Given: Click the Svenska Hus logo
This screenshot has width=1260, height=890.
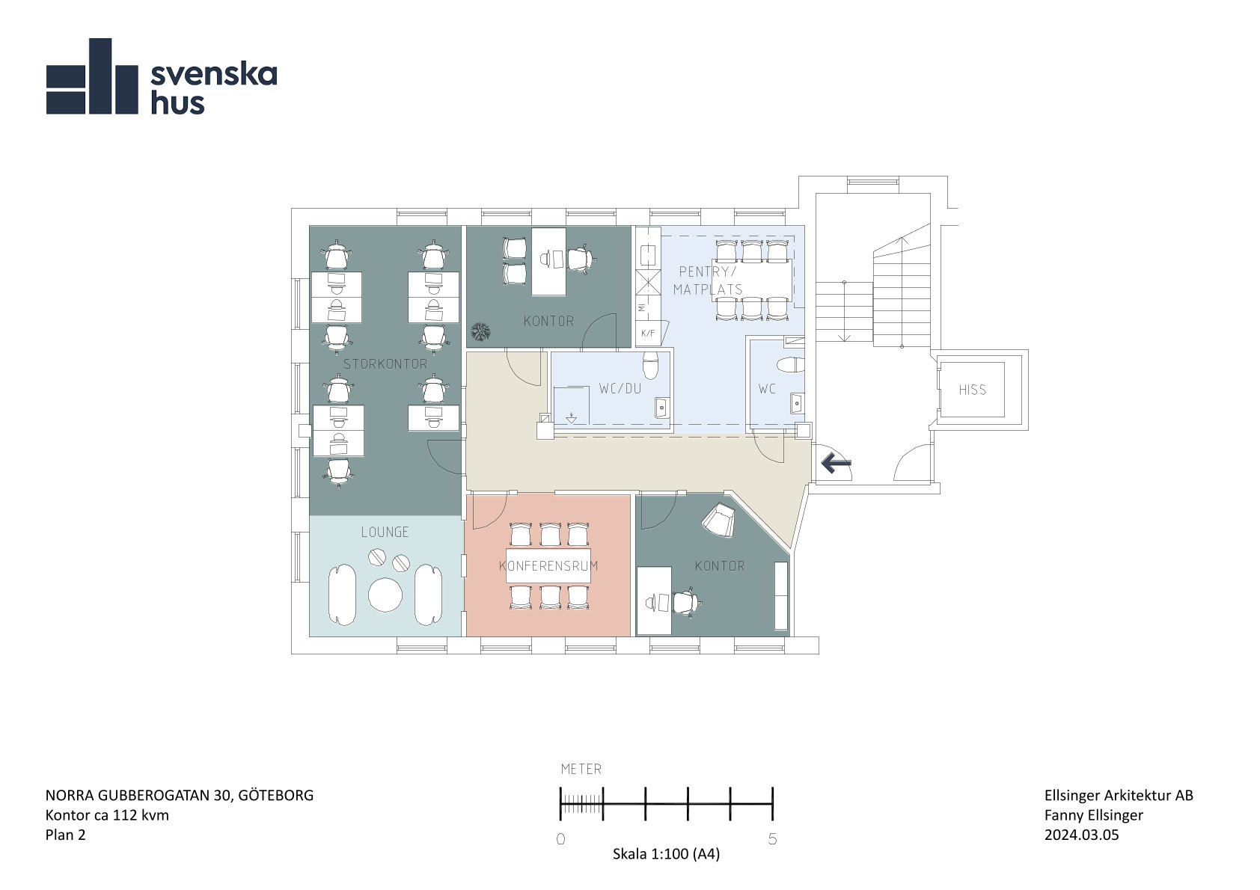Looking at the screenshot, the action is point(162,76).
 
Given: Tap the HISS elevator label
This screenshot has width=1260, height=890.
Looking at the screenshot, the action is point(972,390).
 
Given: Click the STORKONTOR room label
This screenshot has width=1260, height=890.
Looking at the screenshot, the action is point(385,363).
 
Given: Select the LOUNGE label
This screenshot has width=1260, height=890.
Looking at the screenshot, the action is point(385,532).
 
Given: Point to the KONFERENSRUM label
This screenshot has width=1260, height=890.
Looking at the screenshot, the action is point(548,565).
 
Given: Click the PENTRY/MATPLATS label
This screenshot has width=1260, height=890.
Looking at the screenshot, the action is point(708,280).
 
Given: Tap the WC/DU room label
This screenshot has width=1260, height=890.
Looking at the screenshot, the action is point(620,388).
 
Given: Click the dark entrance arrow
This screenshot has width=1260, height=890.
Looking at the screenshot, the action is point(836,464).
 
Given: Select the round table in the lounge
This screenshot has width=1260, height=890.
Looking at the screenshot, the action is point(385,595).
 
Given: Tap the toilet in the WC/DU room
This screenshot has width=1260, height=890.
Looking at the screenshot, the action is point(650,366).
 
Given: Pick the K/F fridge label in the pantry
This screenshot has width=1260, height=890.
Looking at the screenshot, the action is point(648,334).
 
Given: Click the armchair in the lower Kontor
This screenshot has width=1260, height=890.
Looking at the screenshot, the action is point(720,520).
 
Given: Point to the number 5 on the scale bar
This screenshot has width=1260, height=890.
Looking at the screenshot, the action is point(772,839).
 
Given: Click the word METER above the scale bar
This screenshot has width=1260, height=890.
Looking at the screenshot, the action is point(581,769).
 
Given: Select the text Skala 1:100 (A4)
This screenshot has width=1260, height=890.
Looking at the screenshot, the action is point(666,854).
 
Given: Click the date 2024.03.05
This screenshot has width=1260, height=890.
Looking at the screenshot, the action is point(1082,835).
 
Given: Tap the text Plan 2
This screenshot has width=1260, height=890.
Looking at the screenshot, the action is point(65,835).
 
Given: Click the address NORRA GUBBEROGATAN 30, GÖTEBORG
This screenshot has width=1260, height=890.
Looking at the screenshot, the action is point(180,796).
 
